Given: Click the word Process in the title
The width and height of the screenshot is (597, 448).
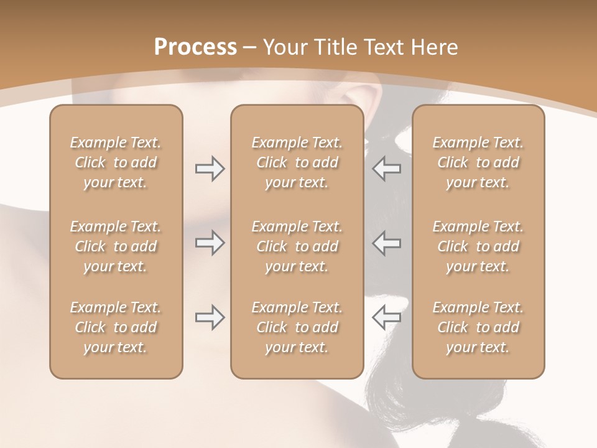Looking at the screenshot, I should [x=195, y=47].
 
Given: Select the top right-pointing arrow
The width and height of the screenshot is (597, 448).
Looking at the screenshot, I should [x=210, y=169].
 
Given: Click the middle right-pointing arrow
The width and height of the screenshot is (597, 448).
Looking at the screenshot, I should [x=210, y=243].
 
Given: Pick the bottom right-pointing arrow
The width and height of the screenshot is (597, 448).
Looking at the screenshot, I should [x=210, y=317].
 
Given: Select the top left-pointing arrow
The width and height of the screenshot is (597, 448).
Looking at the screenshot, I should [x=386, y=169].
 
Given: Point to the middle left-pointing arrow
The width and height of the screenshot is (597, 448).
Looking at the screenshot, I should [x=386, y=243].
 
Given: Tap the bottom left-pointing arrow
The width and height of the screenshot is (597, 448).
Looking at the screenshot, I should [x=386, y=317].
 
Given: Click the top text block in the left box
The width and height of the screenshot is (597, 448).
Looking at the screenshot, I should [x=116, y=162].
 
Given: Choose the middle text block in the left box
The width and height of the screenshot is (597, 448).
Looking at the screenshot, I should [x=116, y=246].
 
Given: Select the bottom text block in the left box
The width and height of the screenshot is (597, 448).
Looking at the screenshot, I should [x=116, y=327].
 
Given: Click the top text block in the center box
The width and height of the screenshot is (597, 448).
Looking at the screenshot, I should [x=297, y=162].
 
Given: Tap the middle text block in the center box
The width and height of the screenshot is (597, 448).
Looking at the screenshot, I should [x=297, y=246].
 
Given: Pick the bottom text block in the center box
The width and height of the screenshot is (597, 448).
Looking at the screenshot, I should [x=297, y=327].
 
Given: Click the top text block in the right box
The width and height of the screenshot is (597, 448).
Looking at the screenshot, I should [x=478, y=162].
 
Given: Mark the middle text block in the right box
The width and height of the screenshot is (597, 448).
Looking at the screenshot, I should [x=478, y=246].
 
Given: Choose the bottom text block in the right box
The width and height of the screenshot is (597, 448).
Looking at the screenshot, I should [x=478, y=327].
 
